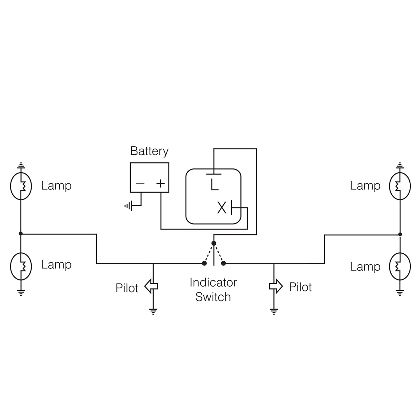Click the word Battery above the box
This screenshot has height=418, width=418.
pyautogui.click(x=149, y=151)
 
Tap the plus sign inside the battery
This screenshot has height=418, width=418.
pyautogui.click(x=161, y=183)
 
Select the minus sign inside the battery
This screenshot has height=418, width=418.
pyautogui.click(x=140, y=183)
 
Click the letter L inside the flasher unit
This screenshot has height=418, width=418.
pyautogui.click(x=214, y=185)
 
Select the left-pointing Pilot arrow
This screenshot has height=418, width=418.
pyautogui.click(x=151, y=286)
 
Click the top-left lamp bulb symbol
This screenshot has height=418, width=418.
pyautogui.click(x=21, y=186)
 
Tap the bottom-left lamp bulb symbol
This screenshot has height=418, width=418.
pyautogui.click(x=21, y=266)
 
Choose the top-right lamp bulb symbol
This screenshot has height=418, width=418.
pyautogui.click(x=400, y=186)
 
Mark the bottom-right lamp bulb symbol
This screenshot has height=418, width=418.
pyautogui.click(x=400, y=266)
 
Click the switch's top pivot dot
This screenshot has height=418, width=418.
pyautogui.click(x=214, y=243)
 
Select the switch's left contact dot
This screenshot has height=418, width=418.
pyautogui.click(x=204, y=263)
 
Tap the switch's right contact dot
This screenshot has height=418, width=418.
pyautogui.click(x=223, y=263)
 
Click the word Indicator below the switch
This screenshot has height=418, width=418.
pyautogui.click(x=213, y=283)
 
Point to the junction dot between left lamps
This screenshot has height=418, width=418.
pyautogui.click(x=21, y=234)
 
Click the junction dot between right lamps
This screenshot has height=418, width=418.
pyautogui.click(x=400, y=234)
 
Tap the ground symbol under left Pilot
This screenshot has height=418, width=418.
pyautogui.click(x=153, y=311)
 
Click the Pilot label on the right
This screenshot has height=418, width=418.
pyautogui.click(x=300, y=287)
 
